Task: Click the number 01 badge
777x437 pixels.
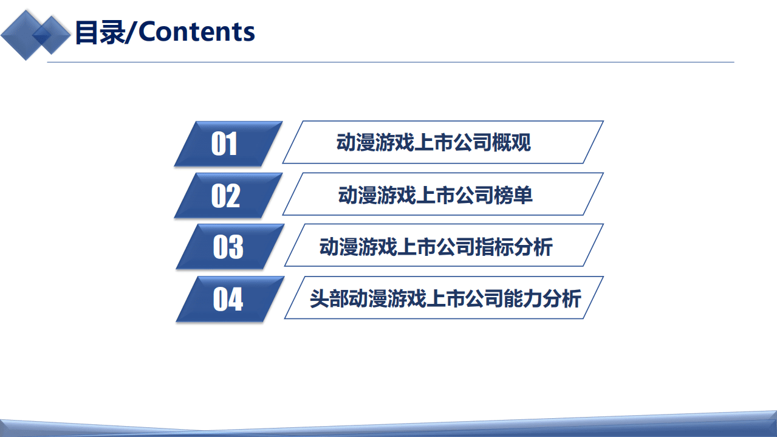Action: point(225,144)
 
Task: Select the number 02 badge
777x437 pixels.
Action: point(225,196)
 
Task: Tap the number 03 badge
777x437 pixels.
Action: point(228,247)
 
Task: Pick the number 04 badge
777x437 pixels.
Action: point(228,299)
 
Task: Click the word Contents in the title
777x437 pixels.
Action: point(197,32)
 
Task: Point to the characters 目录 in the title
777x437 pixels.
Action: point(98,32)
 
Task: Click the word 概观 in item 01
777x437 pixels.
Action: point(512,143)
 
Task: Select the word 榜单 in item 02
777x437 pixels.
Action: point(513,195)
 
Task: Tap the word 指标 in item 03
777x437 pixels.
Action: point(495,247)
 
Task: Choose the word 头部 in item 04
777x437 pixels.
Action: point(329,298)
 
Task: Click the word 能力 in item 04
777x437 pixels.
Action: point(523,298)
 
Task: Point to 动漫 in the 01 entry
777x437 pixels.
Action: point(356,143)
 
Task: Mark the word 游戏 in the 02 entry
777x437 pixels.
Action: point(397,195)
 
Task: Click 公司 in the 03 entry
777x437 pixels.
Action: point(456,247)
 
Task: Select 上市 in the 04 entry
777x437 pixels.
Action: point(445,298)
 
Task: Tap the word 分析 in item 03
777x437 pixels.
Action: point(533,247)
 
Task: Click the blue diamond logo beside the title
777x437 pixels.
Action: point(35,35)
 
